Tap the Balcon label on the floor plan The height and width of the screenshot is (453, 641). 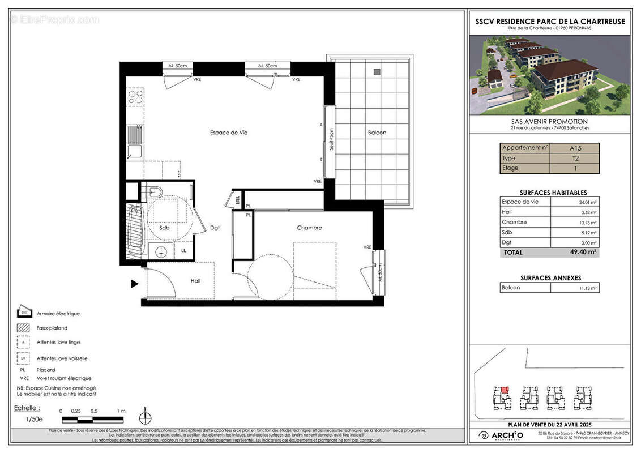[x=377, y=133]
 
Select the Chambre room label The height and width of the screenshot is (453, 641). [x=309, y=228]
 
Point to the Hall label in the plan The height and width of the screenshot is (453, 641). [x=195, y=280]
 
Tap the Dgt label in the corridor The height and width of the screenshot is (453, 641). [x=215, y=228]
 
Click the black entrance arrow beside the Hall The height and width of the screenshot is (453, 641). [x=135, y=284]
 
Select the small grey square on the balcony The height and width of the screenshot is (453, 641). [x=377, y=72]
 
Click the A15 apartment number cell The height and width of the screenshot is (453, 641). [x=575, y=148]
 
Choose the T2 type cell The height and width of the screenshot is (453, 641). [x=575, y=159]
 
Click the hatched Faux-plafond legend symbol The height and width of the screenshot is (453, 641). [x=24, y=327]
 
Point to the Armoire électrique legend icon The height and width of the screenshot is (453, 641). [x=24, y=313]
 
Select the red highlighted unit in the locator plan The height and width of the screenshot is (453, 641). [x=505, y=390]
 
